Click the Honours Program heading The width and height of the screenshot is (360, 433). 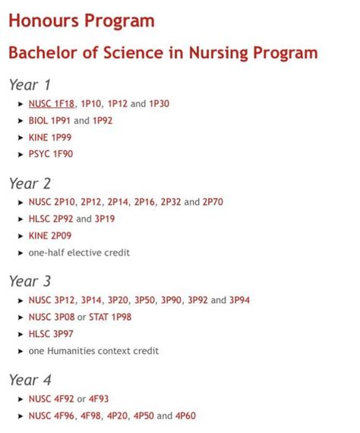click(x=81, y=21)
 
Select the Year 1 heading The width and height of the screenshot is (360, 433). click(x=30, y=84)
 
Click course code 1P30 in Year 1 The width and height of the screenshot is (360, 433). click(x=159, y=103)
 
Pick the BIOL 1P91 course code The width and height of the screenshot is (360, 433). click(x=49, y=120)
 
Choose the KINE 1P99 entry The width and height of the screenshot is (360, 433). click(x=50, y=137)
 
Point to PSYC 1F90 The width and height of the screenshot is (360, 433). click(x=51, y=153)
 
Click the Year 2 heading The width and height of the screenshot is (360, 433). click(x=30, y=183)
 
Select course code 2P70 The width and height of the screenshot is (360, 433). click(x=213, y=202)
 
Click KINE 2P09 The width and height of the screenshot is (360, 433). click(x=50, y=235)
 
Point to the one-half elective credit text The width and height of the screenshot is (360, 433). click(x=79, y=252)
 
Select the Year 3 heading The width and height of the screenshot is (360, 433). click(x=30, y=281)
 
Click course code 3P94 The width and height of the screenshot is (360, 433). click(x=239, y=300)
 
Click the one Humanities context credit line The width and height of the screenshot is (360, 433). click(x=93, y=351)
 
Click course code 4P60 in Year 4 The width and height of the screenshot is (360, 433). click(x=185, y=416)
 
